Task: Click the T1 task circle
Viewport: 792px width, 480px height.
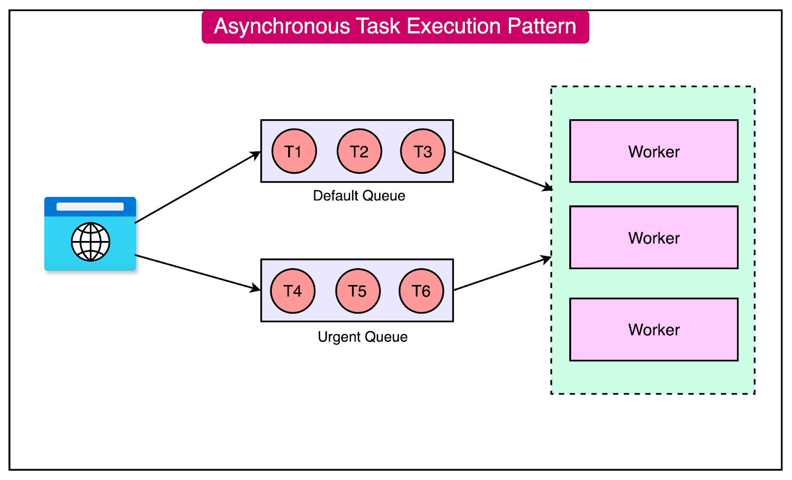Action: click(294, 151)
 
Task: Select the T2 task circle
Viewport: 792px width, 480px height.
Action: click(359, 151)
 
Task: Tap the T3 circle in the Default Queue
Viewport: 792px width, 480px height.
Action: click(423, 151)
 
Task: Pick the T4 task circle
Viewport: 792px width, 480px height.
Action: click(293, 291)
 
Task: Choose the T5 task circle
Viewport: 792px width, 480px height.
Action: click(358, 291)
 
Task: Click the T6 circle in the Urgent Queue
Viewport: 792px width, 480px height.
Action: click(421, 291)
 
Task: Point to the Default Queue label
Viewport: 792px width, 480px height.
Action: click(359, 196)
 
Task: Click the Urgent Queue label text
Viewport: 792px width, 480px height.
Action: click(362, 337)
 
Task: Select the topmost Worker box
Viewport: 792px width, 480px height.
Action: click(653, 151)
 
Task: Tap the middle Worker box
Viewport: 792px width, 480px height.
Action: click(653, 238)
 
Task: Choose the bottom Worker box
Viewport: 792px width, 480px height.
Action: click(653, 330)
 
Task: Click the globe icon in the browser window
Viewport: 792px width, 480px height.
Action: click(91, 242)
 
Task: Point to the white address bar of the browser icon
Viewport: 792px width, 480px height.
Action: click(90, 206)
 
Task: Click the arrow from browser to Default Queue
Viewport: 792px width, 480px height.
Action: click(198, 187)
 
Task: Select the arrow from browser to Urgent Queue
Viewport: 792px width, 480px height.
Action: click(198, 272)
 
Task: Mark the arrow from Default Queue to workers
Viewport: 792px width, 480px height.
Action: click(502, 170)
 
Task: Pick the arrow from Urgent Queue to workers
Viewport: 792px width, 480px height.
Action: click(502, 274)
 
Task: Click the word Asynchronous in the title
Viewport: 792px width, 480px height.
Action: click(282, 26)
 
